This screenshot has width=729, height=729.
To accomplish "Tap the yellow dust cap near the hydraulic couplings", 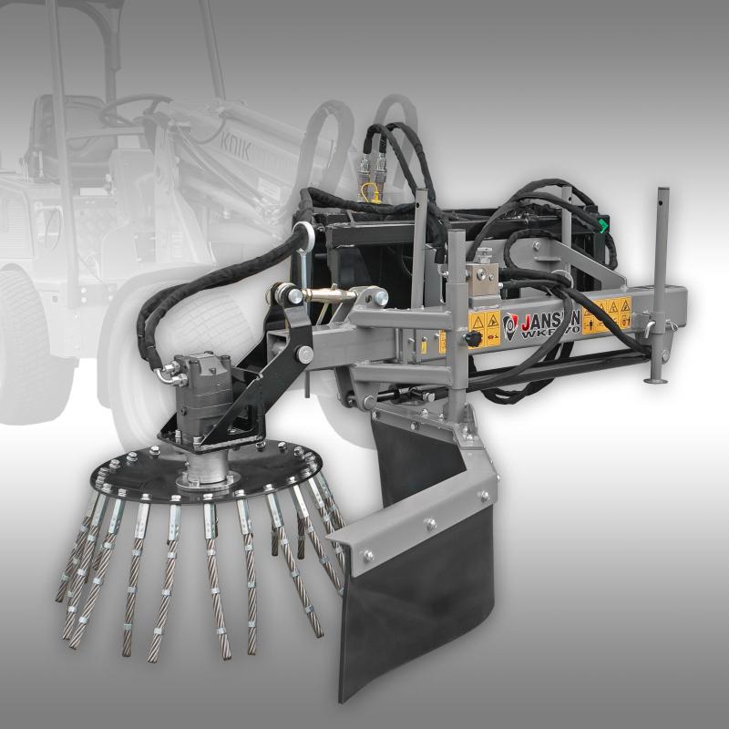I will point(368,190).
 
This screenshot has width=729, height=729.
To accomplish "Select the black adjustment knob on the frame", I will point(471,338).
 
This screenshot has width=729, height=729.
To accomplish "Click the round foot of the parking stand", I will point(656,379).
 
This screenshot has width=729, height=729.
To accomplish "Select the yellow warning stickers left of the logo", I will point(484,324).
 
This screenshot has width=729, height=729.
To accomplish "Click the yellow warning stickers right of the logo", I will point(606,312).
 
